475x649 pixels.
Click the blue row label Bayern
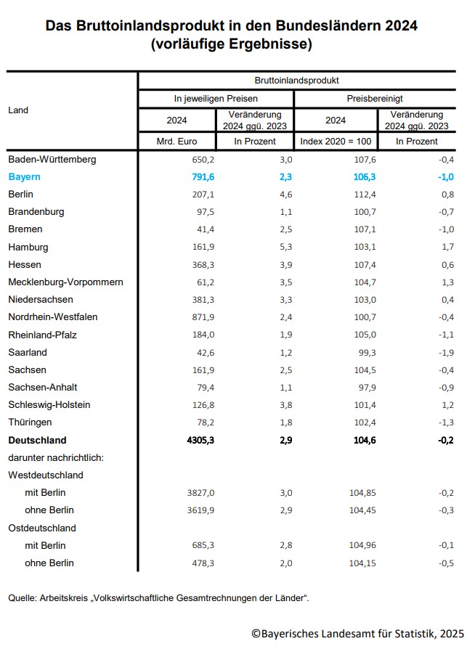point(24,176)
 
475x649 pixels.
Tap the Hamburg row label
point(28,247)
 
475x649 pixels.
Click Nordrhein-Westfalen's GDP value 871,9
point(201,317)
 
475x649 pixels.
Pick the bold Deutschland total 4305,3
point(198,440)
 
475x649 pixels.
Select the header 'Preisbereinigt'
point(375,98)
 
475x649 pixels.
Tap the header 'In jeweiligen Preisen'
point(216,98)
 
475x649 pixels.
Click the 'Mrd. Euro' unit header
point(176,141)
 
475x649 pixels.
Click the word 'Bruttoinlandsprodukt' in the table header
point(296,80)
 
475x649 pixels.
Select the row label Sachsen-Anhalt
point(43,387)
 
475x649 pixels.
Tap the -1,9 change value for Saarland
point(445,352)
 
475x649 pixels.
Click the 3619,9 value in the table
point(198,510)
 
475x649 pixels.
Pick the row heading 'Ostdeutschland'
point(42,528)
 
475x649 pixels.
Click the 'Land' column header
point(18,110)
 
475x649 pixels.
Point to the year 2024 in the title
point(402,26)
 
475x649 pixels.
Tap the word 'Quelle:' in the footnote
point(23,597)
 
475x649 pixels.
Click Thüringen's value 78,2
point(203,423)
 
